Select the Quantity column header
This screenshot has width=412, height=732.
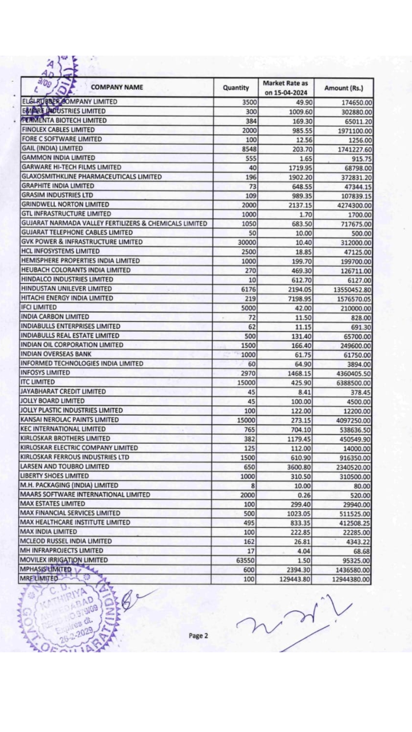click(236, 87)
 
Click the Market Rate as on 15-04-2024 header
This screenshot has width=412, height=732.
click(286, 87)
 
